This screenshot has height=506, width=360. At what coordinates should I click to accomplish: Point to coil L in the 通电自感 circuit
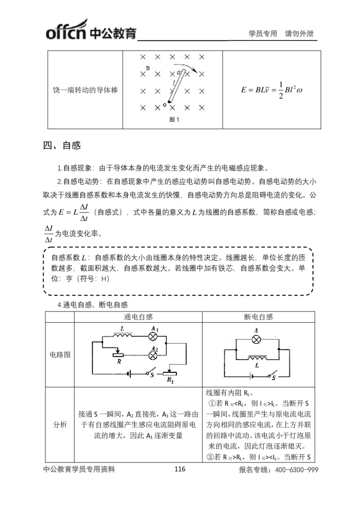[122, 335]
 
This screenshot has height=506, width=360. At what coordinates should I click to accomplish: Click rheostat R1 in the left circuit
[169, 374]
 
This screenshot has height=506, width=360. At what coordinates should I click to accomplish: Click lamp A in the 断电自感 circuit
[256, 339]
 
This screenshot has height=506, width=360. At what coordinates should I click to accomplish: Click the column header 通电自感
[138, 317]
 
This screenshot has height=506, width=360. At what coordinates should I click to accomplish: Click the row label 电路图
[59, 354]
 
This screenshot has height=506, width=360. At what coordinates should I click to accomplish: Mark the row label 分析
[59, 425]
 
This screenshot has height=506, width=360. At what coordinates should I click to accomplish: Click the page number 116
[180, 469]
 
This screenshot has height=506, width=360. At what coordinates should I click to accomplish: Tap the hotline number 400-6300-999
[293, 470]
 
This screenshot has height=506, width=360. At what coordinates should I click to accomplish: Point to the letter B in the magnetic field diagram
[148, 68]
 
